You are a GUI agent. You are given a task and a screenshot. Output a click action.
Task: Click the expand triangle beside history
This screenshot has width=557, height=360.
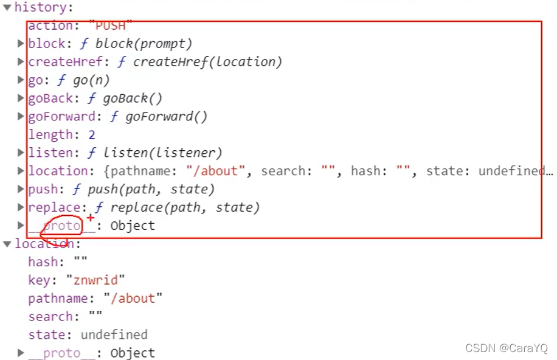click(x=7, y=8)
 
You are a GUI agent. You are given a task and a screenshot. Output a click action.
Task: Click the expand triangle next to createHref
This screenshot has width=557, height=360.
click(x=21, y=62)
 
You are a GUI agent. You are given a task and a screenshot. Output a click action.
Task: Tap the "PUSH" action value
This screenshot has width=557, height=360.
click(x=110, y=26)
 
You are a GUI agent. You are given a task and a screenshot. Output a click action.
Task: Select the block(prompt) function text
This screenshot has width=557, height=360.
click(x=143, y=44)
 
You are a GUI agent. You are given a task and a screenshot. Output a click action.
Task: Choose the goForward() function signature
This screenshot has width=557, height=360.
click(x=166, y=117)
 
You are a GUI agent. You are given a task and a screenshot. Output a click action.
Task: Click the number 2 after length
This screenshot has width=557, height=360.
click(x=91, y=135)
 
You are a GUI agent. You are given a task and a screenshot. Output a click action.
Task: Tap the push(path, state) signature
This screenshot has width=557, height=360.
click(x=151, y=190)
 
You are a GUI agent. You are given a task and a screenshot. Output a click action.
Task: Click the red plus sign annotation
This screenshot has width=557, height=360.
click(x=91, y=218)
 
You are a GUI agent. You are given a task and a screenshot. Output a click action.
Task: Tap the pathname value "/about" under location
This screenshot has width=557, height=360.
click(x=133, y=299)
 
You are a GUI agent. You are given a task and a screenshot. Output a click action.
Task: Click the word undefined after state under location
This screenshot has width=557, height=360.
click(x=114, y=335)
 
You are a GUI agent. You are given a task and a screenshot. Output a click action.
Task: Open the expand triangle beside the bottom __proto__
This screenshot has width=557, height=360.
click(x=21, y=353)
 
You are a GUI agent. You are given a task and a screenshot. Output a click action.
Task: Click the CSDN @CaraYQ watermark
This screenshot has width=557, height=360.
click(x=506, y=348)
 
